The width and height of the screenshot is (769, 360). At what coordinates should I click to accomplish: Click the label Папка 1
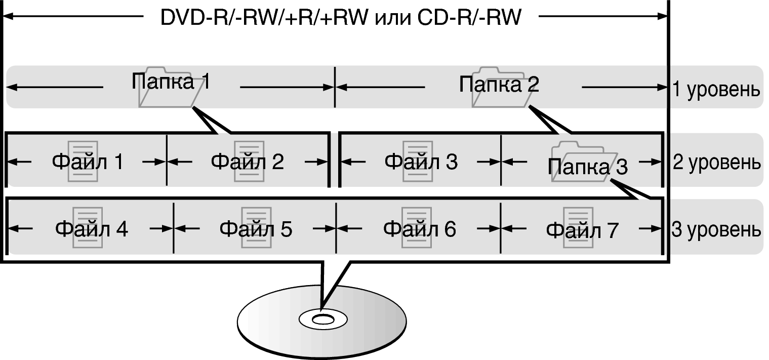pyautogui.click(x=171, y=82)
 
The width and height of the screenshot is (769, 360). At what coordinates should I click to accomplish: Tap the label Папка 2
pyautogui.click(x=499, y=85)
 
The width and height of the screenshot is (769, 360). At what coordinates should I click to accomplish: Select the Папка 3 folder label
pyautogui.click(x=587, y=167)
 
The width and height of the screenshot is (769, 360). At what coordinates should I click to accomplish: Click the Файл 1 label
pyautogui.click(x=88, y=162)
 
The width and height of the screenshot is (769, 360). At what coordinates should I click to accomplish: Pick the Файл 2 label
pyautogui.click(x=247, y=162)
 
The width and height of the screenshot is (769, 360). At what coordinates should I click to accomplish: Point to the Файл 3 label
pyautogui.click(x=421, y=162)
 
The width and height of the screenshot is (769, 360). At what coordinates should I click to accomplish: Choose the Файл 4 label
pyautogui.click(x=92, y=229)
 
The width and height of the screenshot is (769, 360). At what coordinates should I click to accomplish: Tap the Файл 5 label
pyautogui.click(x=256, y=229)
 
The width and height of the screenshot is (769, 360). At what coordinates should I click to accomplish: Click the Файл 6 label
pyautogui.click(x=419, y=229)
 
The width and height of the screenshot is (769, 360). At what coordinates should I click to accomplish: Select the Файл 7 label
pyautogui.click(x=582, y=231)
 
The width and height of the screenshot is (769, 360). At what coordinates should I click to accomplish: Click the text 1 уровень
pyautogui.click(x=716, y=90)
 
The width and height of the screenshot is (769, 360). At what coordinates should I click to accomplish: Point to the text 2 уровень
pyautogui.click(x=716, y=163)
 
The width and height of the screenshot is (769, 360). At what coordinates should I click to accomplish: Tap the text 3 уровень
pyautogui.click(x=716, y=230)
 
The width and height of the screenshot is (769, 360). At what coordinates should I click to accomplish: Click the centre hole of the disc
pyautogui.click(x=322, y=319)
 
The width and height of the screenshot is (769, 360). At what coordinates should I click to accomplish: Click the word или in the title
pyautogui.click(x=393, y=18)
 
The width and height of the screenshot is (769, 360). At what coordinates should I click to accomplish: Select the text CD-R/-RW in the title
pyautogui.click(x=470, y=18)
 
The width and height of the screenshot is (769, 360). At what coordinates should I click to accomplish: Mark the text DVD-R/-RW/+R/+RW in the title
pyautogui.click(x=264, y=18)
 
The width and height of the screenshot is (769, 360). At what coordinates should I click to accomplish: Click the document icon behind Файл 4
pyautogui.click(x=88, y=227)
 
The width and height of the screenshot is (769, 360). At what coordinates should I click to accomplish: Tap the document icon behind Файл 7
pyautogui.click(x=578, y=227)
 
